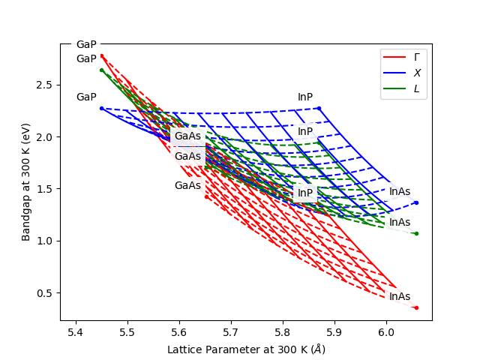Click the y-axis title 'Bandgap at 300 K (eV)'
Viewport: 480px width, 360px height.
point(26,182)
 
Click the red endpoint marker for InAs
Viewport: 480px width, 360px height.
point(416,307)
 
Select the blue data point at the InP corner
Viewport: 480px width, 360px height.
point(319,108)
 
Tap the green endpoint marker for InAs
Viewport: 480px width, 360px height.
point(416,233)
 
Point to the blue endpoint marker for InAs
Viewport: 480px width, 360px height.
point(416,202)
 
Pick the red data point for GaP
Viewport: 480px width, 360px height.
point(101,55)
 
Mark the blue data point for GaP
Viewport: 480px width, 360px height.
point(101,108)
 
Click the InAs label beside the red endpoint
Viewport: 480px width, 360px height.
point(400,297)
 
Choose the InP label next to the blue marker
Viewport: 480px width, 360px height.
point(305,97)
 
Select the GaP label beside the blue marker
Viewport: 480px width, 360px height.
point(86,97)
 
